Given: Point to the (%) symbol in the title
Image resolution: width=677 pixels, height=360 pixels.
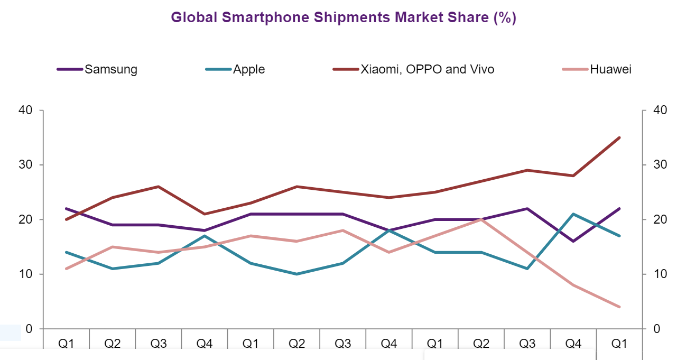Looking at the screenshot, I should [504, 17].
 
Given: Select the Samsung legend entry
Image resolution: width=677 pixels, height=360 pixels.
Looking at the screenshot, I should [111, 69].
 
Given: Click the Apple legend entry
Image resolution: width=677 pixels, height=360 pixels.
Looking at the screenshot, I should [249, 69].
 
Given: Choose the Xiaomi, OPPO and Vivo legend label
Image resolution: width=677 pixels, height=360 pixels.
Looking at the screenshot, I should [427, 69].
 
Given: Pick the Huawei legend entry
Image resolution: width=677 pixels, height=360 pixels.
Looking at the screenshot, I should [611, 69].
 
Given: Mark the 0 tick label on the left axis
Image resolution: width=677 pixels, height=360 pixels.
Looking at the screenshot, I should [30, 329].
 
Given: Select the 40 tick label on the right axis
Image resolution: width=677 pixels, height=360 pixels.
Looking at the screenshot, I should [660, 110].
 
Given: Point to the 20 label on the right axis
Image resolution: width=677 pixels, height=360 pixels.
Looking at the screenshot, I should [660, 219].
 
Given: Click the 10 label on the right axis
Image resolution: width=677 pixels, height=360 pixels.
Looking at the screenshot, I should [660, 274].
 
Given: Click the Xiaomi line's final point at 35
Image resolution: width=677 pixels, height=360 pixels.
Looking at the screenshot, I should [619, 137].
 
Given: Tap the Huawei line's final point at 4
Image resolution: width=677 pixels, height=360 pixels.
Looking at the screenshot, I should [619, 307].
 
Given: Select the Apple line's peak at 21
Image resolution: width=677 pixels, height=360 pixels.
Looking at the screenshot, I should [573, 214].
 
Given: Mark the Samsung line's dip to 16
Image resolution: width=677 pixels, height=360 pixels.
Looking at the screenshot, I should [573, 241].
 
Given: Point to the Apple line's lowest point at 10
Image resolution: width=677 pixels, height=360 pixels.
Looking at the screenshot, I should [296, 274].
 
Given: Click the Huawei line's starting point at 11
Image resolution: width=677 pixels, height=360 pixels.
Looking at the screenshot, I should [66, 269].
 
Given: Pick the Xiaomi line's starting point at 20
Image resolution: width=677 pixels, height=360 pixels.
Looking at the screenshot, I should [66, 219].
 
